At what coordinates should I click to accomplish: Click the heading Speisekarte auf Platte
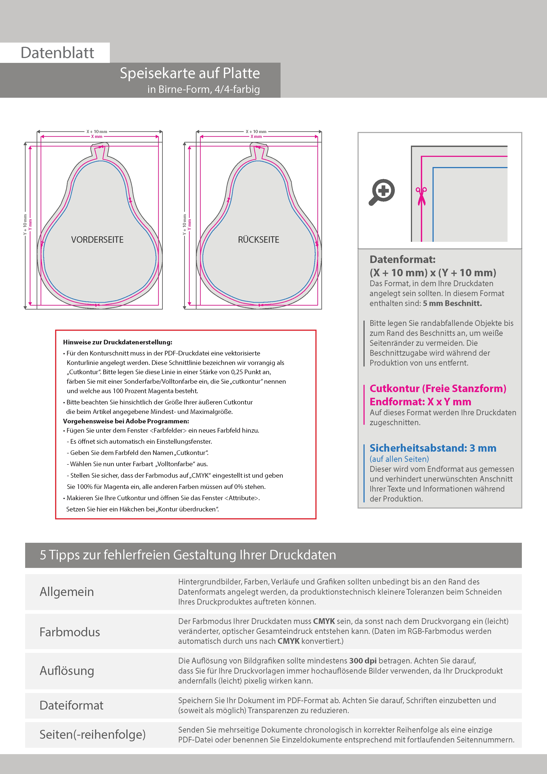190,73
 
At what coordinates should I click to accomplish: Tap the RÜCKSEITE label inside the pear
259,240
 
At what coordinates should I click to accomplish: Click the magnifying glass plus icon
382,192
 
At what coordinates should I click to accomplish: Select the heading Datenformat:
402,259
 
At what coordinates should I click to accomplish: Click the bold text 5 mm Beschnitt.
452,303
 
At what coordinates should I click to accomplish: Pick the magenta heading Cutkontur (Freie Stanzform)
438,388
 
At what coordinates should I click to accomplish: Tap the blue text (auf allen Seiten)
399,459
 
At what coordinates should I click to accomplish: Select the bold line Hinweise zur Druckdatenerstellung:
118,342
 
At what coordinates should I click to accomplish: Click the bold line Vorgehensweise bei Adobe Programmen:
126,421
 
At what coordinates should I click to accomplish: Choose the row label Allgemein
67,592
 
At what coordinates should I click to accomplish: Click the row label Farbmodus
70,632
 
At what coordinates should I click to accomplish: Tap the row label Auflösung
67,671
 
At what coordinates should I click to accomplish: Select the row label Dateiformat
71,705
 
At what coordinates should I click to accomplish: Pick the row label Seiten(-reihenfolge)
93,734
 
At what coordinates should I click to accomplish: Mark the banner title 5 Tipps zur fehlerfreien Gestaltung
188,555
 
